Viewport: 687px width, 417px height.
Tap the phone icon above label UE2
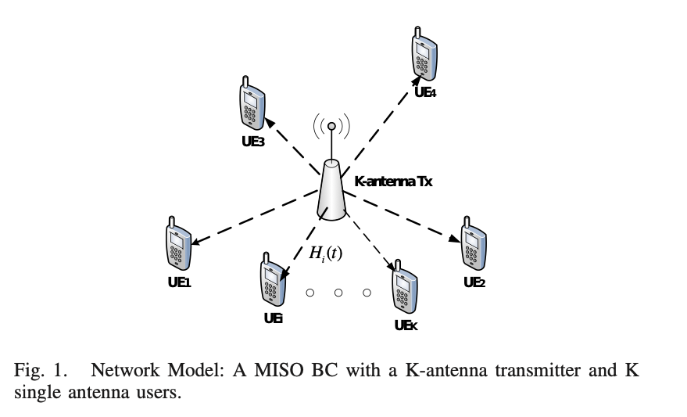[x=474, y=244]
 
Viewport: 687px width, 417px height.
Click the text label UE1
[x=179, y=282]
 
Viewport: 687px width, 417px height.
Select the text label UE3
[x=253, y=142]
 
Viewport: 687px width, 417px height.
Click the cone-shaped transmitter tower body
[x=331, y=192]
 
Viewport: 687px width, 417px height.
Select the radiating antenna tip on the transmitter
[x=331, y=126]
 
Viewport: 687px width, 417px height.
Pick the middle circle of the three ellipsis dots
[x=338, y=293]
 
